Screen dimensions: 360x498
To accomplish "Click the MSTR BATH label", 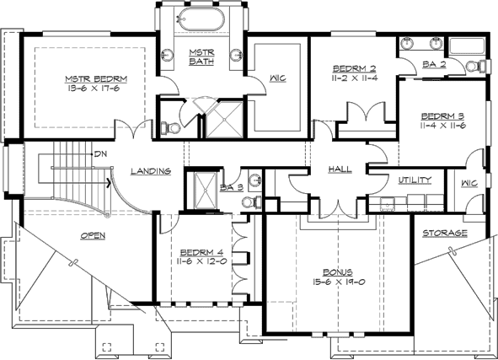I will [202, 57].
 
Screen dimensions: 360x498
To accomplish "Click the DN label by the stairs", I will [100, 154].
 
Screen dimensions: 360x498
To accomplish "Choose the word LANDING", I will [152, 171].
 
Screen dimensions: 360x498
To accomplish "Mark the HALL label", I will [340, 171].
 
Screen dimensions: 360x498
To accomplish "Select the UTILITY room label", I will [415, 180].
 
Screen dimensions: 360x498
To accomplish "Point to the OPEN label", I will [93, 235].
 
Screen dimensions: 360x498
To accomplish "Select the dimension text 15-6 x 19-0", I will [336, 283].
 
